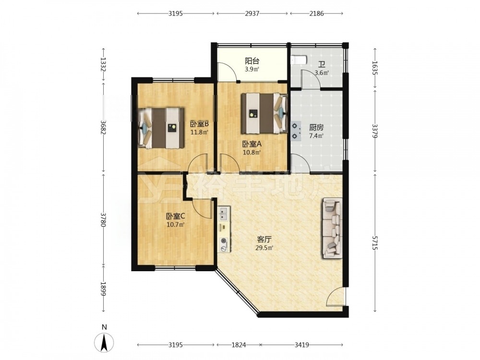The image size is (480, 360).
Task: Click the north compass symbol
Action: pos(104,342)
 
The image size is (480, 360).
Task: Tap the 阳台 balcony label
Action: pos(252,61)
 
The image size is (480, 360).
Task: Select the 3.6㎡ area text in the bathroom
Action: pos(322,73)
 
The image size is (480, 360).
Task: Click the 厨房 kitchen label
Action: pos(316,127)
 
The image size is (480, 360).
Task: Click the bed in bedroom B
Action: pos(161,128)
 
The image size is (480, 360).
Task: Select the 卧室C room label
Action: pos(175,216)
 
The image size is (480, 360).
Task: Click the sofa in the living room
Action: pos(332,228)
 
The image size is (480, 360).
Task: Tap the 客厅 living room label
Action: pos(264,240)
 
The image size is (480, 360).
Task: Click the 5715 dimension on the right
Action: pos(375,243)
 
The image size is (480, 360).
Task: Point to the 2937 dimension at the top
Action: pos(252,13)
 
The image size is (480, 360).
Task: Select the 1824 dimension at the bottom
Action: pos(239,345)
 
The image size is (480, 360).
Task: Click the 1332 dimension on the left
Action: pos(104,65)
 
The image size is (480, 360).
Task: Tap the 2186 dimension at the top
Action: pos(316,13)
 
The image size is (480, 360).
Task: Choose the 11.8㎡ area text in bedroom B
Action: pos(199,132)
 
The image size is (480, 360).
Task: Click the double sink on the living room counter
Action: pos(224,214)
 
